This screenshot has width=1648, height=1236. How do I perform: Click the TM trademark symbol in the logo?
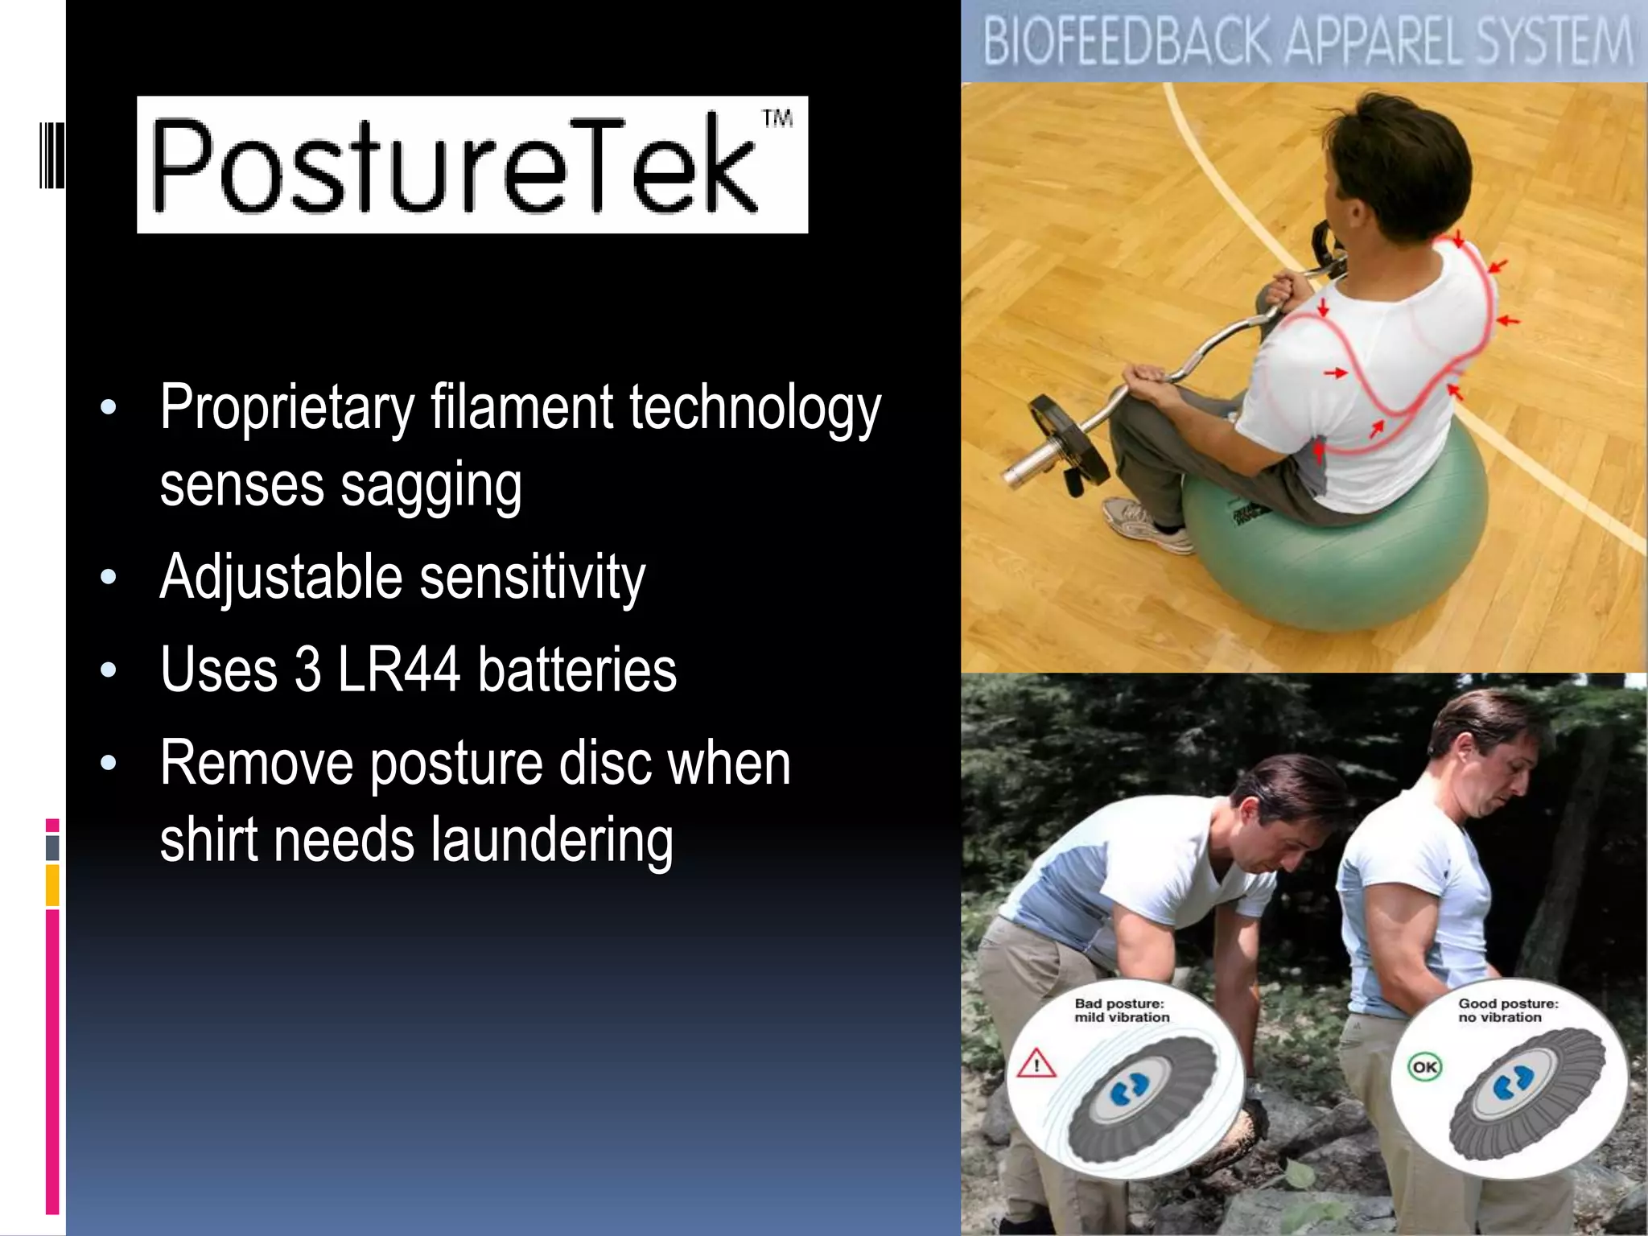(x=777, y=119)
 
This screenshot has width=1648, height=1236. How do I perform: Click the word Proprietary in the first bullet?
(x=286, y=409)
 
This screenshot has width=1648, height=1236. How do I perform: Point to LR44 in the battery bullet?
(x=398, y=669)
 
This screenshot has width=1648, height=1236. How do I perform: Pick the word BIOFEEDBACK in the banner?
(x=1126, y=42)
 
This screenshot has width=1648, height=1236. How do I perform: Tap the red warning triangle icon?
(x=1036, y=1065)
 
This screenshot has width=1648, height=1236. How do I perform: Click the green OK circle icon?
(x=1424, y=1067)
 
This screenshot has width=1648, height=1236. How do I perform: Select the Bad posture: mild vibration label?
(x=1121, y=1011)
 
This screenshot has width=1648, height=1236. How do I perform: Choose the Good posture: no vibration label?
(x=1507, y=1011)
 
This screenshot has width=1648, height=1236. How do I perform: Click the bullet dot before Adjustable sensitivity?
(x=109, y=578)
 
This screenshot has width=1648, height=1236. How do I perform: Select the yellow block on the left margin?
(x=52, y=884)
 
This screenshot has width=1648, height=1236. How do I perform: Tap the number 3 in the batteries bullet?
(x=307, y=669)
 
